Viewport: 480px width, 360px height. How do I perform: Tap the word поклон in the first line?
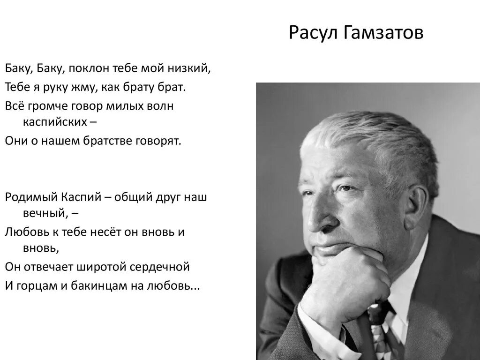pyautogui.click(x=90, y=68)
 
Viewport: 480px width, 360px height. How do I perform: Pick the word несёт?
pyautogui.click(x=105, y=232)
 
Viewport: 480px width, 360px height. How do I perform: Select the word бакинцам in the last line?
pyautogui.click(x=105, y=285)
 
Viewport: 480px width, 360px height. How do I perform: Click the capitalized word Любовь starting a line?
pyautogui.click(x=26, y=232)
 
